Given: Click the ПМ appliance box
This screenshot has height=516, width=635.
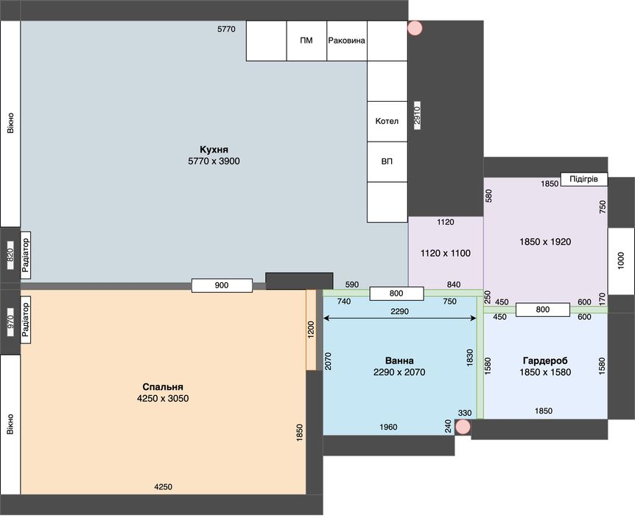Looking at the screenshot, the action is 306,41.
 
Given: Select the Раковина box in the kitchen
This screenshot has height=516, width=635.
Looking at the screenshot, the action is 347,41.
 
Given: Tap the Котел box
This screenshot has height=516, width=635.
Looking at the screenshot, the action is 387,121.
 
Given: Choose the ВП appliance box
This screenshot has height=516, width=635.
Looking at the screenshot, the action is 387,161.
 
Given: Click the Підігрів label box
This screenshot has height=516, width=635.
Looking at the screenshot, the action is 584,178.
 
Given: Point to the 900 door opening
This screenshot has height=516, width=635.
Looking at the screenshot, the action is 222,285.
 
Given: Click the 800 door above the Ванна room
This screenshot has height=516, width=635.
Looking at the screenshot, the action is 396,293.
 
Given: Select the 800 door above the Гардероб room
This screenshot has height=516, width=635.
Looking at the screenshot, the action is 543,310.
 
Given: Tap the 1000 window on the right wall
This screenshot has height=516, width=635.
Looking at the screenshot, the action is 621,261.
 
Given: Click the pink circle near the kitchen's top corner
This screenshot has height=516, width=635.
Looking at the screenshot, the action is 415,28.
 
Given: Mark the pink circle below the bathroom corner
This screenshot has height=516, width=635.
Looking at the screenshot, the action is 463,427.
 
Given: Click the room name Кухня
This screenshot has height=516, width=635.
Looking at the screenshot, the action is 214,150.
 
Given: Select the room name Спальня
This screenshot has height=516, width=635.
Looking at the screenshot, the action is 163,387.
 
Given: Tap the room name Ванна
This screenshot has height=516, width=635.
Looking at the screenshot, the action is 399,360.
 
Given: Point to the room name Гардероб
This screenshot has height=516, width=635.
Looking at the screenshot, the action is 545,360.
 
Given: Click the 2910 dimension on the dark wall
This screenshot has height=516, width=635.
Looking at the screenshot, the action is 417,115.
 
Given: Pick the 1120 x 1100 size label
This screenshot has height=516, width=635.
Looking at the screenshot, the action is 446,254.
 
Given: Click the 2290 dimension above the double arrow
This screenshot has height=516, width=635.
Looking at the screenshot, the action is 400,311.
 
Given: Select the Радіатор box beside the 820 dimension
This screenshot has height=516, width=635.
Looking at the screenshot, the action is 26,255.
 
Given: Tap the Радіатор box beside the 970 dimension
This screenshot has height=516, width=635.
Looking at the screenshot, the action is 26,320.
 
